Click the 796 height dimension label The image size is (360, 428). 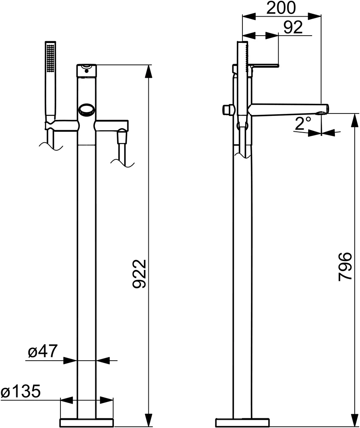[x=345, y=266]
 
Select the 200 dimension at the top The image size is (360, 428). [x=281, y=7]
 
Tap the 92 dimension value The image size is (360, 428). [x=293, y=27]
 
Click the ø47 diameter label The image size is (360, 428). [x=43, y=352]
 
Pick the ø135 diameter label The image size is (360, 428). [x=21, y=392]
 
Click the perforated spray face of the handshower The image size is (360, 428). [x=51, y=58]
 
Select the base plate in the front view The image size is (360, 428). [x=86, y=422]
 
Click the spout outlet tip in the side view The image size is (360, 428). [x=325, y=109]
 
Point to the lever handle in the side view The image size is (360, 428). [x=266, y=65]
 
